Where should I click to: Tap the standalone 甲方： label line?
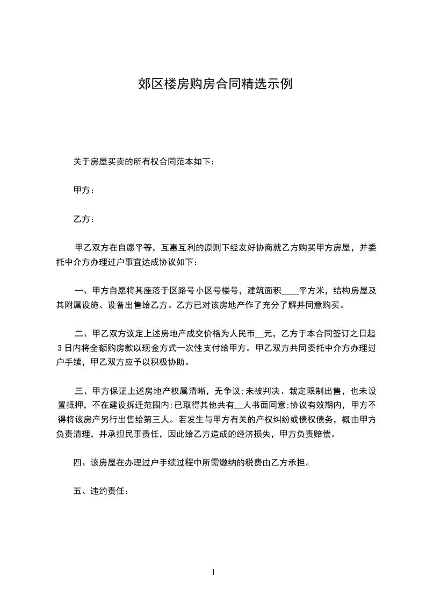(x=84, y=190)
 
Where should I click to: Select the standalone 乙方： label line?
(x=84, y=219)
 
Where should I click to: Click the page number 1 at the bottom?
(x=213, y=573)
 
